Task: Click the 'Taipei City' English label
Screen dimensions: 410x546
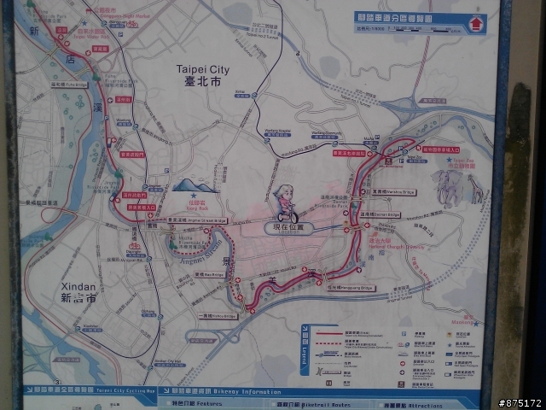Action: (x=202, y=67)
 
